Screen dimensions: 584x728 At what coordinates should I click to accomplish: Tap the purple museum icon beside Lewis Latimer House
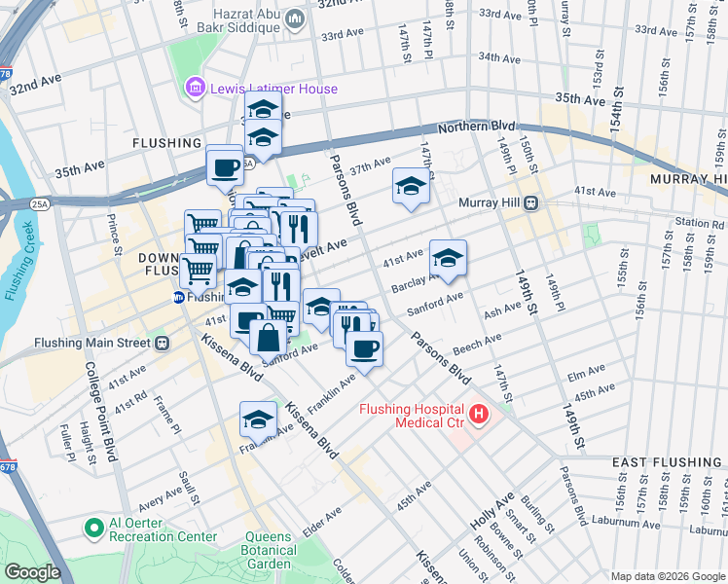[195, 90]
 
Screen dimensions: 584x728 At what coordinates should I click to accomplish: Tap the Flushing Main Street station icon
[163, 343]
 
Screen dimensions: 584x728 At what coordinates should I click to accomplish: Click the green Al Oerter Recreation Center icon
[94, 529]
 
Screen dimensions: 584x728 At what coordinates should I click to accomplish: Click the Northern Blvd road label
[476, 128]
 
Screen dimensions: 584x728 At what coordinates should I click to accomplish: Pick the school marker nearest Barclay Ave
[448, 258]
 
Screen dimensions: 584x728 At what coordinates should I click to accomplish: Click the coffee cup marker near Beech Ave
[364, 348]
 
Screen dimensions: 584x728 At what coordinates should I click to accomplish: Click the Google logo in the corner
[32, 571]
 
